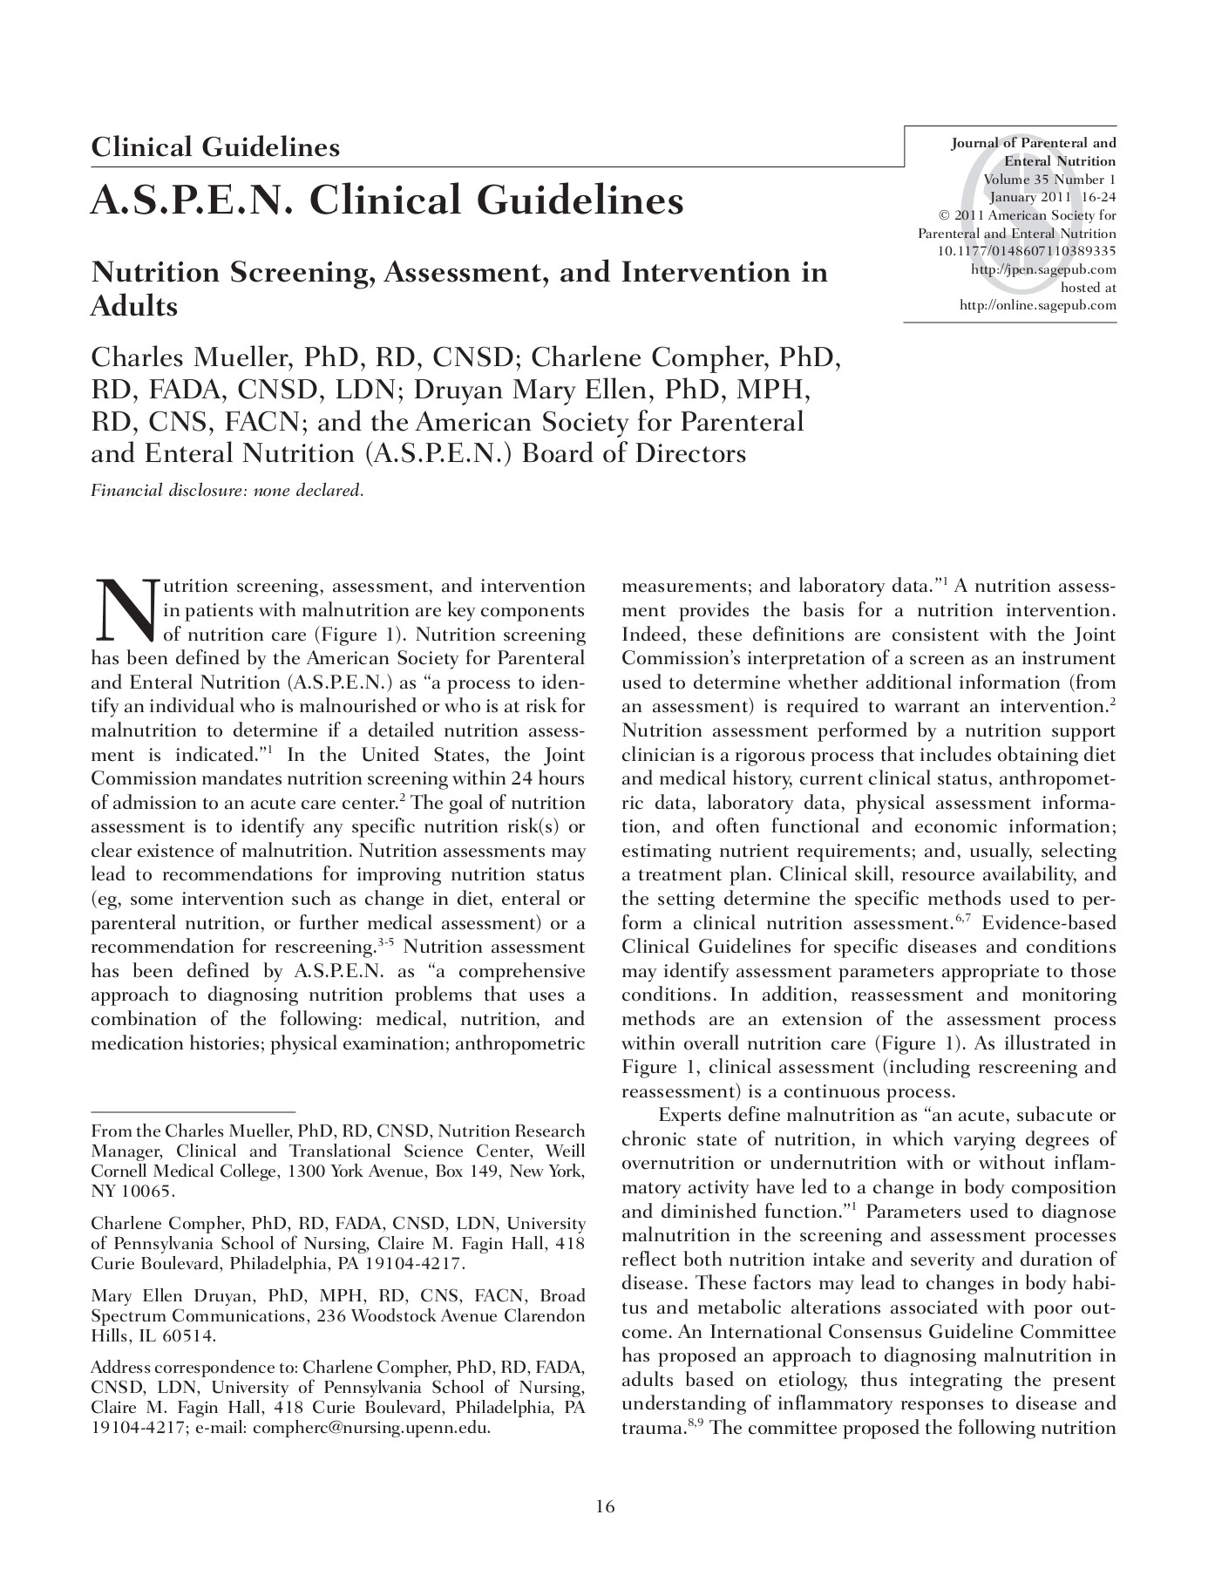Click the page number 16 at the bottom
(605, 1506)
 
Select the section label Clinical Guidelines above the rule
(215, 146)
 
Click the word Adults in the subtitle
(134, 307)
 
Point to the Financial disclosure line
(227, 490)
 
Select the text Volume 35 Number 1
(1049, 180)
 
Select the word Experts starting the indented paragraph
(689, 1115)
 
